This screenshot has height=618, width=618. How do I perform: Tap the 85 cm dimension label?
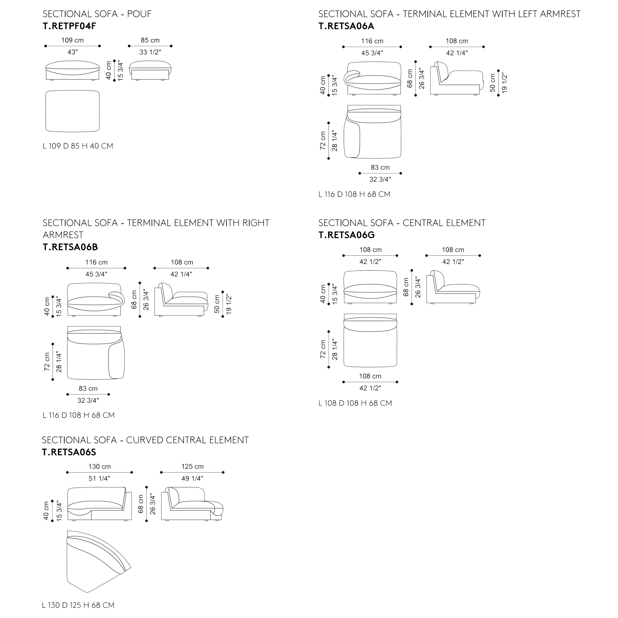(150, 40)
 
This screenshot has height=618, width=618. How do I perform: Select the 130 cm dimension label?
(100, 466)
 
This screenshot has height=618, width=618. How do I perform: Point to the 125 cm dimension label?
(192, 466)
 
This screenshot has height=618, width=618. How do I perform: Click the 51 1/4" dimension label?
(100, 479)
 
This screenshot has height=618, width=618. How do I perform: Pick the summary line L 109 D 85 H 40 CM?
(78, 146)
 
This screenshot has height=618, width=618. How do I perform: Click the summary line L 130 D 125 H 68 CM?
(78, 605)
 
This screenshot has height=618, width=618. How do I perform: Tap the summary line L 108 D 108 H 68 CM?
(355, 403)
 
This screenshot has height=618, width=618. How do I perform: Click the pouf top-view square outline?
(73, 111)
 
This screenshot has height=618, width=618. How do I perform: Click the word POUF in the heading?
(139, 14)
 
